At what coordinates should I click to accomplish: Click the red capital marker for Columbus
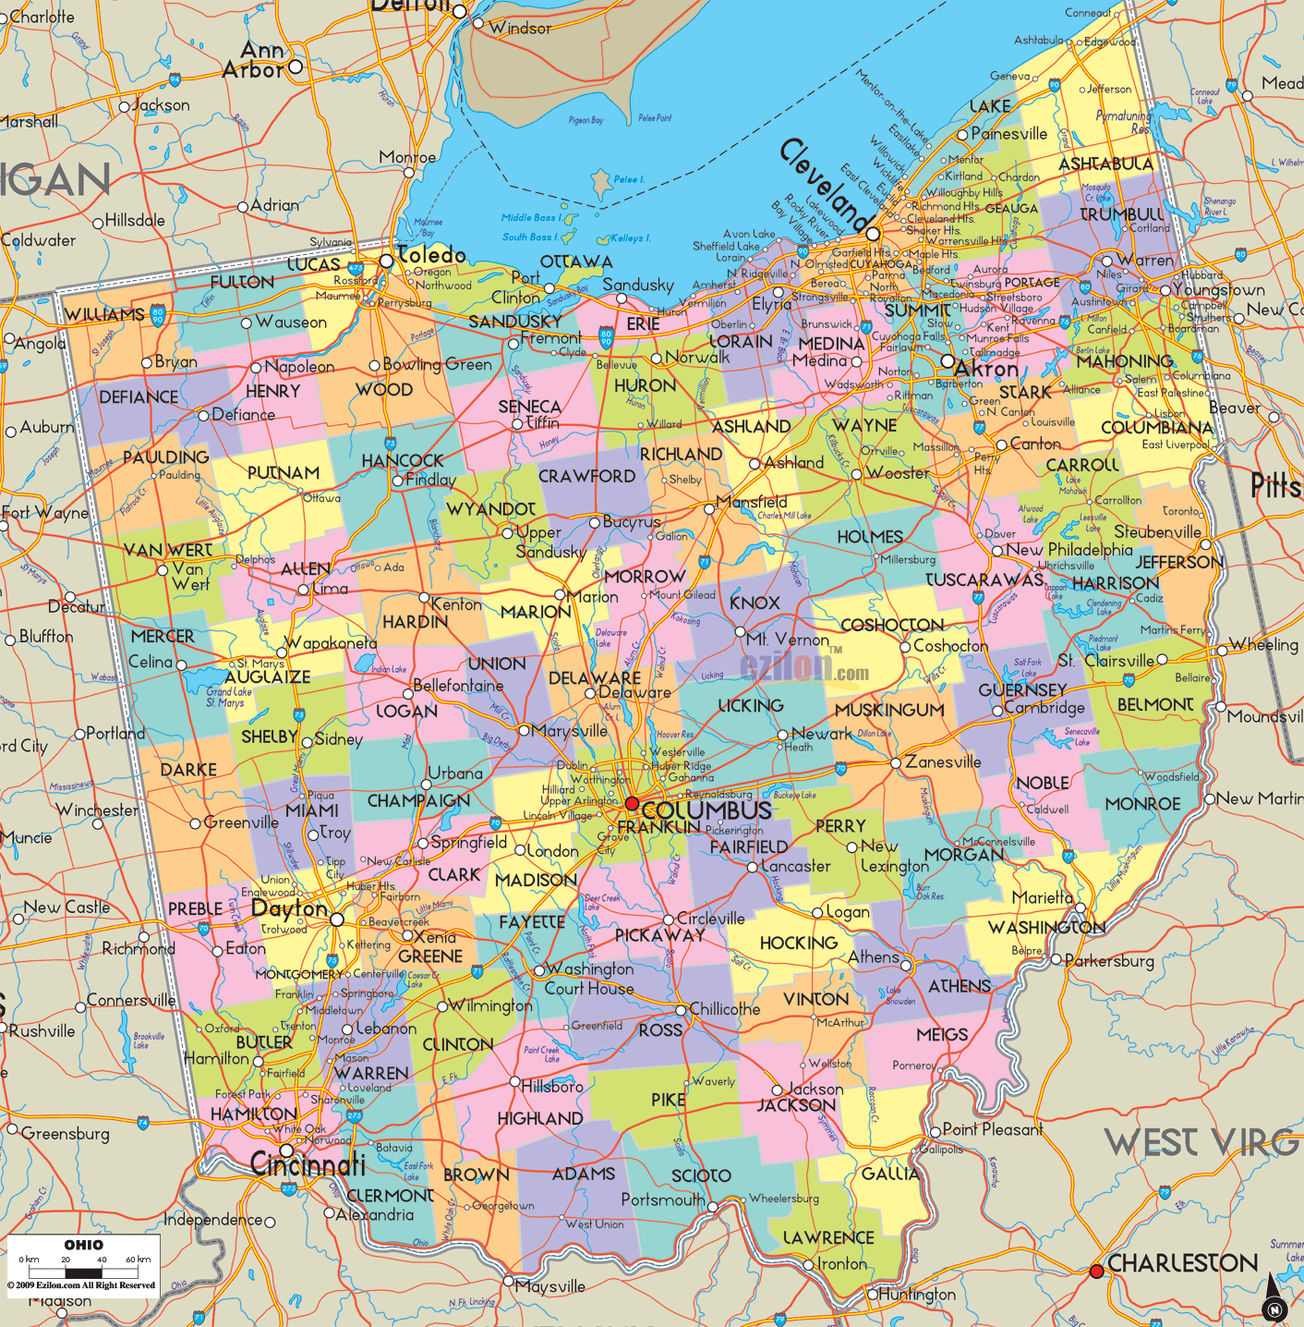click(x=632, y=803)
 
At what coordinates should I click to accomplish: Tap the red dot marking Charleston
click(x=1096, y=1272)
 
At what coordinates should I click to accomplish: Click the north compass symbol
click(x=1274, y=1299)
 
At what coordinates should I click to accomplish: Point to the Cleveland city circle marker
click(x=872, y=234)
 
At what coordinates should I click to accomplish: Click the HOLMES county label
click(x=869, y=537)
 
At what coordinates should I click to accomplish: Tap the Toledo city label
click(x=431, y=255)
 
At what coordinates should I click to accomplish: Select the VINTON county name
click(x=815, y=999)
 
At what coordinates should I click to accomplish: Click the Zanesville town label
click(x=942, y=761)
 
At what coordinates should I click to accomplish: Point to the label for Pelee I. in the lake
click(x=629, y=179)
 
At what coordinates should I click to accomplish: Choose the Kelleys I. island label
click(x=627, y=238)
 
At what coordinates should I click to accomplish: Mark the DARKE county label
click(x=188, y=770)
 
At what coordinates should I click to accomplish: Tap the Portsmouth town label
click(x=662, y=1199)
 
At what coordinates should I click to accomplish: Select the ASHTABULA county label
click(x=1105, y=164)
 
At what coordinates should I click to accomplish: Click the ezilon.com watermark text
click(x=803, y=667)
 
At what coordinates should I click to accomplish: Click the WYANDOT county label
click(x=490, y=509)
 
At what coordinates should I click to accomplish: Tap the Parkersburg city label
click(x=1109, y=961)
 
